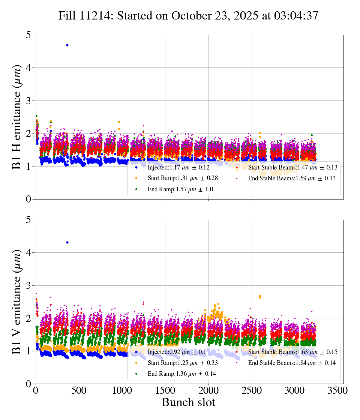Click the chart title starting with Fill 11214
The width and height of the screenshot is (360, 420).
(x=188, y=16)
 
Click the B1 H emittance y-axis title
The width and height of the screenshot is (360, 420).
(x=17, y=117)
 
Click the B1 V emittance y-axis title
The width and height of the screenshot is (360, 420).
(x=17, y=302)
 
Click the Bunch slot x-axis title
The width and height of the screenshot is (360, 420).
(x=188, y=402)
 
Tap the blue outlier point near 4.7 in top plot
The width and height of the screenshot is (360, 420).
(x=67, y=45)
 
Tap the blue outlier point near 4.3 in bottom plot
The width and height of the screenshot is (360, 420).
(x=67, y=242)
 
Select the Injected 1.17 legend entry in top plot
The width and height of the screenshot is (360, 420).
(x=178, y=167)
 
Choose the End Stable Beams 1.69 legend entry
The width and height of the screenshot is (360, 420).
(x=292, y=178)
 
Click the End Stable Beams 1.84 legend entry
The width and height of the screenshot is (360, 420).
(x=292, y=363)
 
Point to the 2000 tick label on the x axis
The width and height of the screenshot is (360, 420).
(x=208, y=390)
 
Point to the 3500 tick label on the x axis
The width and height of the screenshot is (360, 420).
(x=338, y=390)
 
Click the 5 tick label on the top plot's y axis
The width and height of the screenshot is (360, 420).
(x=28, y=35)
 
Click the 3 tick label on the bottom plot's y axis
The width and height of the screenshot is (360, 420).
(x=28, y=286)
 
